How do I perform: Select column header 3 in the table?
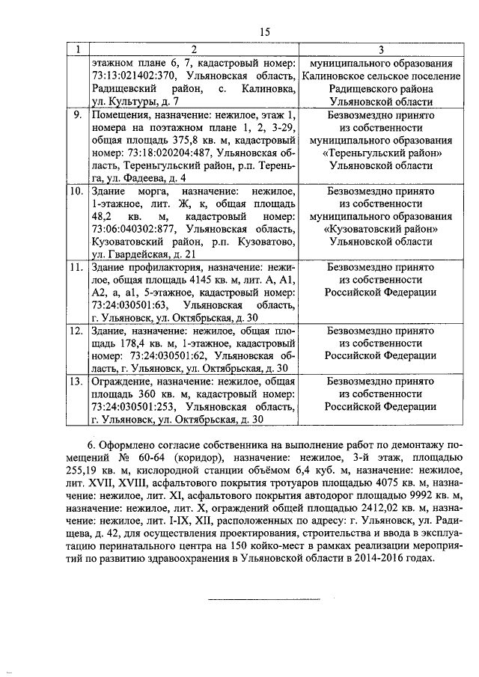pos(382,49)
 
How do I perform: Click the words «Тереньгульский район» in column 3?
pos(382,153)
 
